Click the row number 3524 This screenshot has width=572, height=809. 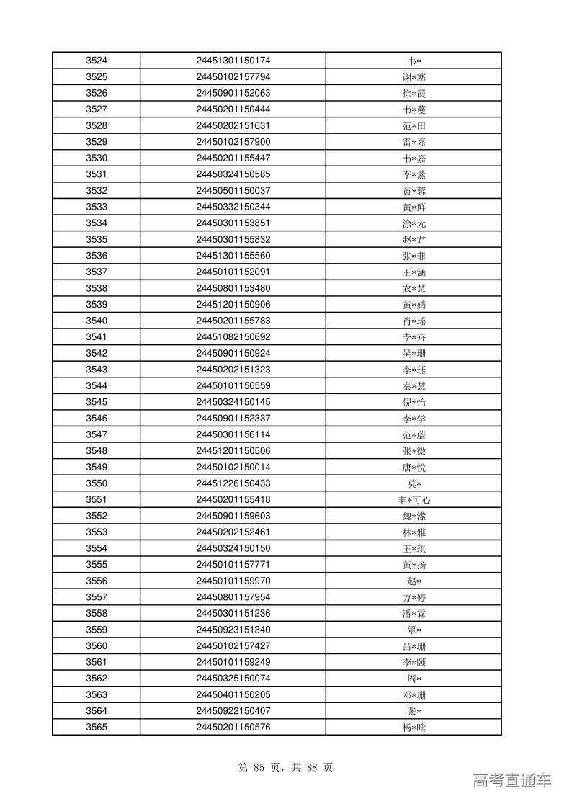point(97,61)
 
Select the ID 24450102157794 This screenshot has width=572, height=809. point(233,77)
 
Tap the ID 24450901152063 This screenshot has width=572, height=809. point(233,93)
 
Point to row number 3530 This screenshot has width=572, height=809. point(97,158)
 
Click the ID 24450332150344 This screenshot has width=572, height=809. point(233,207)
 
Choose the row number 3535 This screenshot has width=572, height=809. point(97,239)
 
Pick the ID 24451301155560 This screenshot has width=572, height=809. point(233,256)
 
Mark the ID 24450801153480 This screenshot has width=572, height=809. point(233,288)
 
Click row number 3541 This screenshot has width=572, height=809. point(97,337)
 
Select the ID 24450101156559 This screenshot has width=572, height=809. point(233,385)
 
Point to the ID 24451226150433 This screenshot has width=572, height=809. point(233,483)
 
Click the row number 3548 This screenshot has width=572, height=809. point(97,451)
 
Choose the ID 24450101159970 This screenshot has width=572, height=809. point(233,581)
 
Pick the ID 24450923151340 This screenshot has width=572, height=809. point(233,630)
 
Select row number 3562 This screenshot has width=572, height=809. point(97,679)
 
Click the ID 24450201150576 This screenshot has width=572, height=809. point(233,728)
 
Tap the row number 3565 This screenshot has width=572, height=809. point(97,728)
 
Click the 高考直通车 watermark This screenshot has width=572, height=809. point(512,780)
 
